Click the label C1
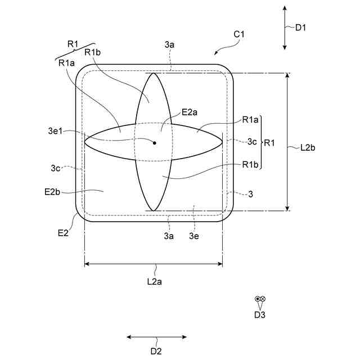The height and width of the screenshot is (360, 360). (x=238, y=35)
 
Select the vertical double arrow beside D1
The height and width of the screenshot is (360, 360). (x=285, y=26)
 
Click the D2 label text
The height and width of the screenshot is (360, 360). (x=156, y=352)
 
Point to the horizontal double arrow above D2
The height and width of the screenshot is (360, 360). (x=156, y=337)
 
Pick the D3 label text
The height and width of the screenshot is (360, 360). (x=259, y=315)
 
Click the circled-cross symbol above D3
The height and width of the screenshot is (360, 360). (x=263, y=300)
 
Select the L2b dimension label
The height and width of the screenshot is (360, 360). (x=308, y=148)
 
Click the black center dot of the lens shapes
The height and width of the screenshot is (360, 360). (x=154, y=143)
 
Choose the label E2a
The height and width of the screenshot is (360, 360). (x=190, y=112)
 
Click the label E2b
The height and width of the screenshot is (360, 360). (x=52, y=192)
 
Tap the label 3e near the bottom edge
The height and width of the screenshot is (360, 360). (x=194, y=236)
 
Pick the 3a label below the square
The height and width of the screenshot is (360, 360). (x=169, y=236)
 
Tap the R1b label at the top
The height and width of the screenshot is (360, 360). (x=92, y=52)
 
